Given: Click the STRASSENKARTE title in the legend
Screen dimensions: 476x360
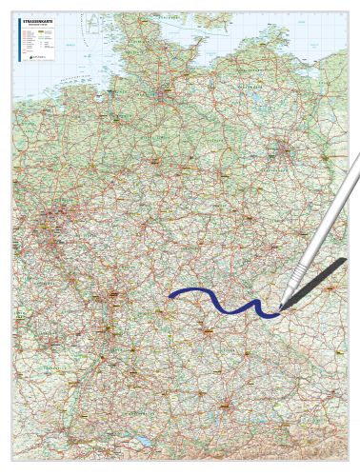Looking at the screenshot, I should coord(34,18).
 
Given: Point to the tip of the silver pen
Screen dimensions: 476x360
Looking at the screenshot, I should coord(280,308).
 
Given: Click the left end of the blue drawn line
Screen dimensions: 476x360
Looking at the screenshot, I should coord(170,296).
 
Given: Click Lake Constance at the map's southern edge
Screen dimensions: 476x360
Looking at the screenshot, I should coord(140,440).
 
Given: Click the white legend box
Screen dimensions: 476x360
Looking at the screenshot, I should coord(37,38).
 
